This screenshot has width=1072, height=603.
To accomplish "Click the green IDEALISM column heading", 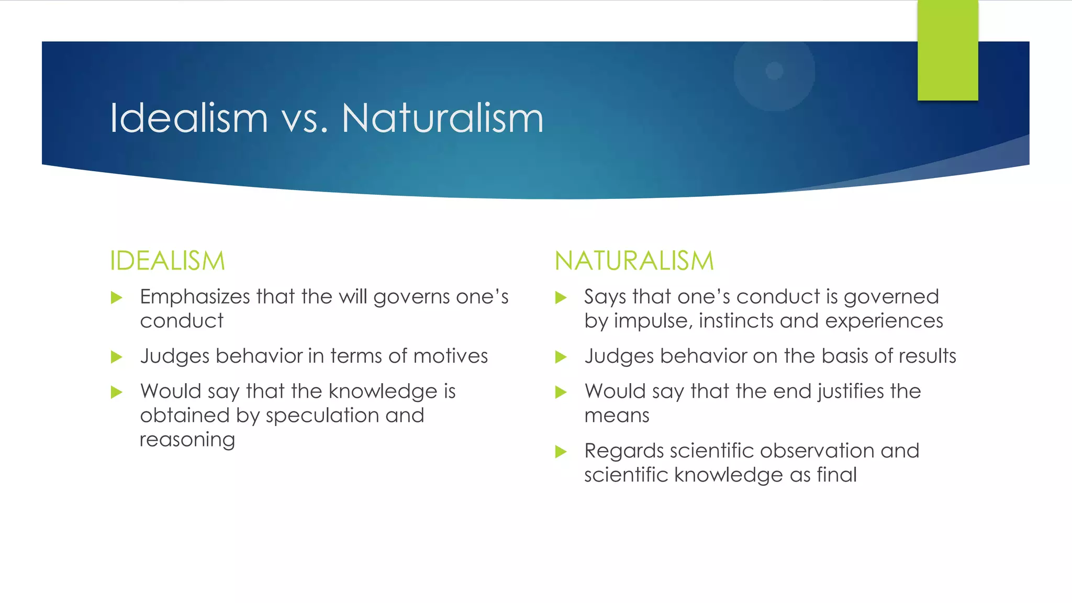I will click(x=167, y=261).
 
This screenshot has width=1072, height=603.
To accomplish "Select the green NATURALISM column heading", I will click(x=634, y=261).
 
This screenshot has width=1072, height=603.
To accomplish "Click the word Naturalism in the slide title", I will click(x=442, y=118).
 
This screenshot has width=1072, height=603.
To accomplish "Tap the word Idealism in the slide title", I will click(x=189, y=118).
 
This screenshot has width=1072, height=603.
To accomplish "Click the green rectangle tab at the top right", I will click(x=947, y=50).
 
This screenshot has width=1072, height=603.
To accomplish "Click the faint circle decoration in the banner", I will click(x=774, y=71).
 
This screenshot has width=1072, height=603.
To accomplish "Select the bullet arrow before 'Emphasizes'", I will click(x=117, y=298).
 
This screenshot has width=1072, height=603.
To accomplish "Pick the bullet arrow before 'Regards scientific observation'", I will click(x=561, y=451).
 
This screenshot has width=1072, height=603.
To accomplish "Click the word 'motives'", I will click(x=450, y=356).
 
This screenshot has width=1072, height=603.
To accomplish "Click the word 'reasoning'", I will click(x=187, y=440).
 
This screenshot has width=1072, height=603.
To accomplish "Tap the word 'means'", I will click(x=617, y=416).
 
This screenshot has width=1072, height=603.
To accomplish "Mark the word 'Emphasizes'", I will click(x=195, y=297).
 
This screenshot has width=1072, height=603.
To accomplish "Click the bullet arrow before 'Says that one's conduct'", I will click(x=561, y=298).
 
